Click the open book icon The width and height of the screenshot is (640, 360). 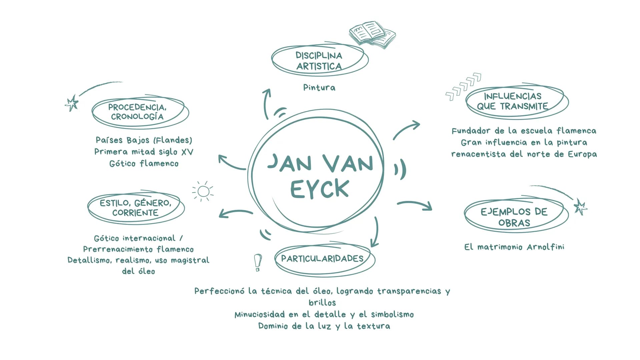[x=372, y=35]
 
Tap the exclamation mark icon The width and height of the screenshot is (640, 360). [x=257, y=263]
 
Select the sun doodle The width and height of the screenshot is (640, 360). [x=203, y=191]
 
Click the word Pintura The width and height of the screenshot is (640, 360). [x=319, y=88]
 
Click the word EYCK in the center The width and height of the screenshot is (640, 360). [x=319, y=189]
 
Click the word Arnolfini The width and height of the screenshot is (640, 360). [x=546, y=247]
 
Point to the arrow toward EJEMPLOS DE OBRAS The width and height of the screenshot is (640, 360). [x=415, y=204]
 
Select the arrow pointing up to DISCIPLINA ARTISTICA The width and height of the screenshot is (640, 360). [x=265, y=103]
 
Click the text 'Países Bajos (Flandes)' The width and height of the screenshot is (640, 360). [x=144, y=140]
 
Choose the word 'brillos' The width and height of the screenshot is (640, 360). [x=322, y=303]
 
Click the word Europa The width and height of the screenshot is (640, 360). [x=582, y=154]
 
